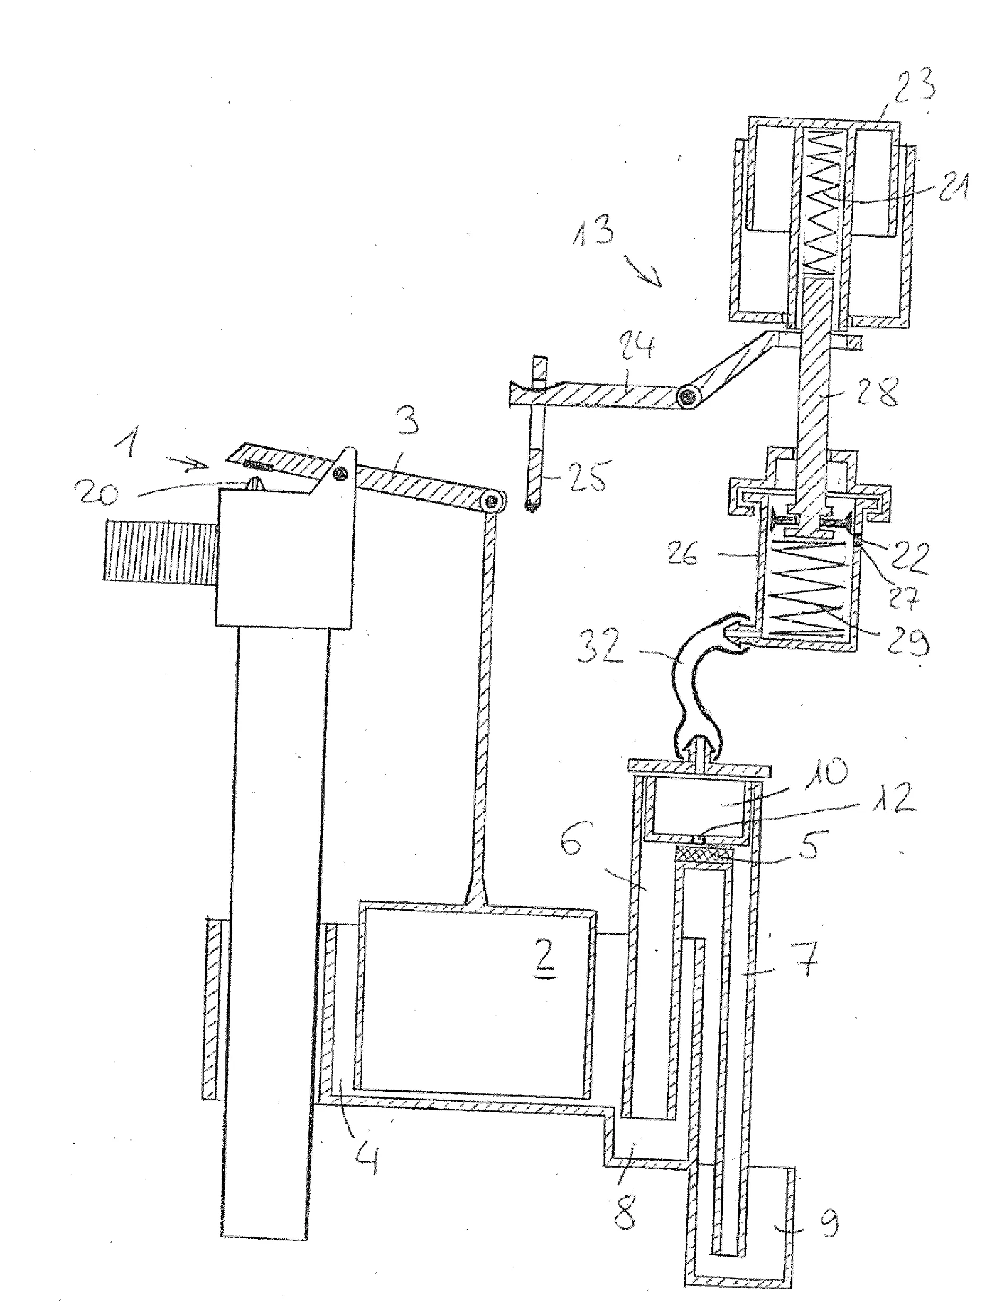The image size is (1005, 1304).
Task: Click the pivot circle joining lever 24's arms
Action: point(690,396)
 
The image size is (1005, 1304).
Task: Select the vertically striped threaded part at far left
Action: point(160,549)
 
